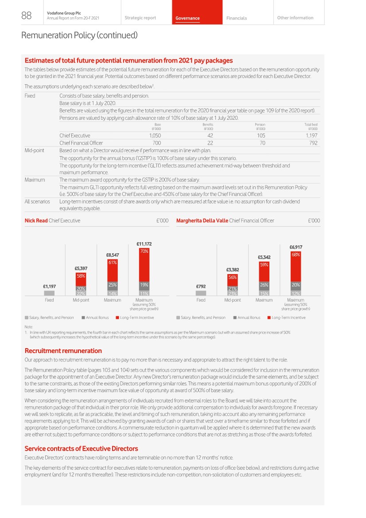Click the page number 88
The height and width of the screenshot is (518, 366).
click(26, 16)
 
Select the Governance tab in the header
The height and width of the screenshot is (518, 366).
click(188, 18)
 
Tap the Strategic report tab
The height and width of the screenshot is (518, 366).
click(140, 18)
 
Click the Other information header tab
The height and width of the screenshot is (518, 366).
click(295, 18)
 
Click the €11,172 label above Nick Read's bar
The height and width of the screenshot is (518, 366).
click(144, 244)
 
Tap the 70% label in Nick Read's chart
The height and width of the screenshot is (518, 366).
click(144, 251)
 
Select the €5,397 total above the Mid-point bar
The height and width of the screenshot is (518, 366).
click(81, 268)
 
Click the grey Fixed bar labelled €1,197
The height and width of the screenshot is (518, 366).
click(49, 293)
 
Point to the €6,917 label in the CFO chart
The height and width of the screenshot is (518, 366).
click(296, 247)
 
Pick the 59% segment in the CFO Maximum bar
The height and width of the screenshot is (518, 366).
click(264, 265)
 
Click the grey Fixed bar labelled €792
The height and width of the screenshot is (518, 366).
click(201, 293)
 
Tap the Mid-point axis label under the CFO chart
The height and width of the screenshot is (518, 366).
click(233, 300)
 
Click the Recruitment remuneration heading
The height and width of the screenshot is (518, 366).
click(63, 350)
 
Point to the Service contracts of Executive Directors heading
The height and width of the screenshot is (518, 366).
click(81, 448)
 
